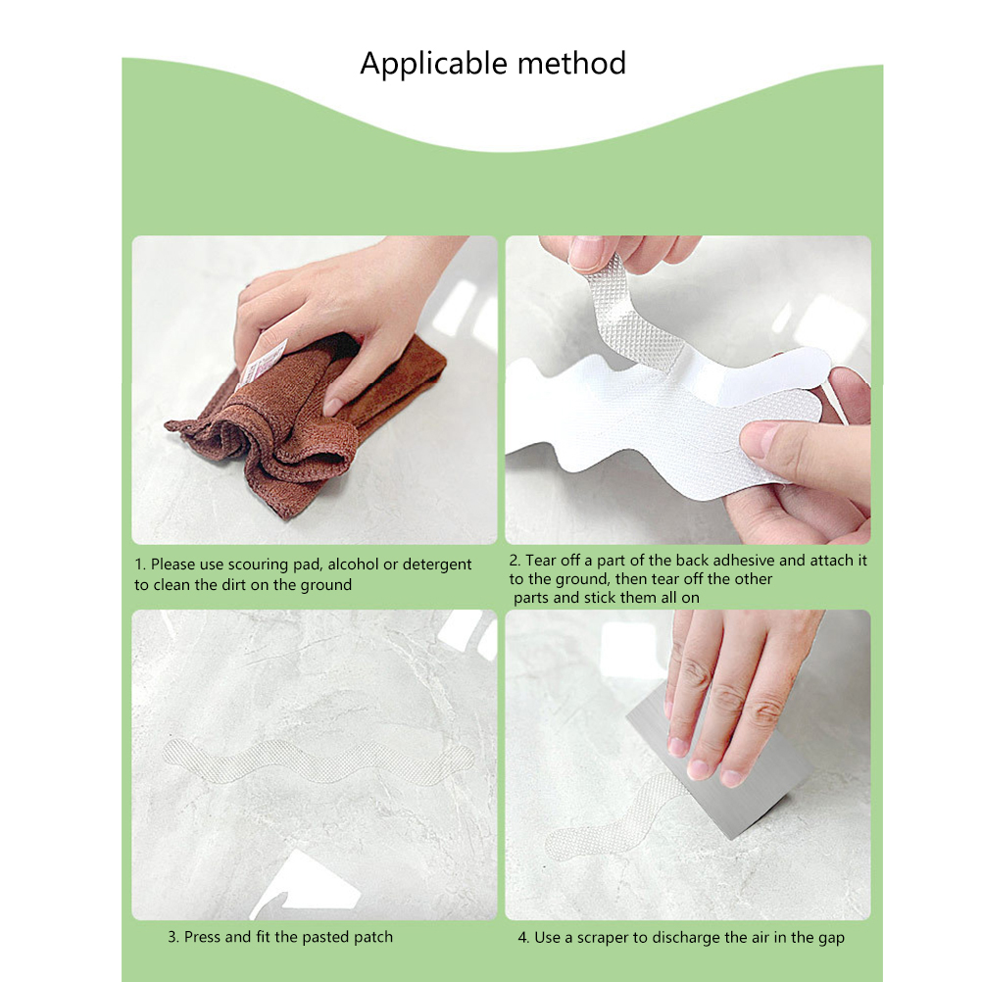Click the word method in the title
pyautogui.click(x=571, y=64)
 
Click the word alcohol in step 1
pyautogui.click(x=353, y=565)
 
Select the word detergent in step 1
pyautogui.click(x=436, y=565)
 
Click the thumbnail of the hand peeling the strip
pyautogui.click(x=688, y=389)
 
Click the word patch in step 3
pyautogui.click(x=373, y=938)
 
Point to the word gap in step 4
pyautogui.click(x=830, y=938)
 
